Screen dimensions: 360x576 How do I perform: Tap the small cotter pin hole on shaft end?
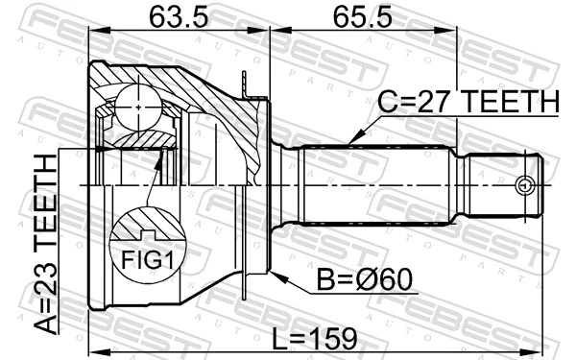523,185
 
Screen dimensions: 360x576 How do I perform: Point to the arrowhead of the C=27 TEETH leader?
352,142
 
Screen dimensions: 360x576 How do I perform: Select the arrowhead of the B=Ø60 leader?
276,275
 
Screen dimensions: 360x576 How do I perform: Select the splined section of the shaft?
374,184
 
